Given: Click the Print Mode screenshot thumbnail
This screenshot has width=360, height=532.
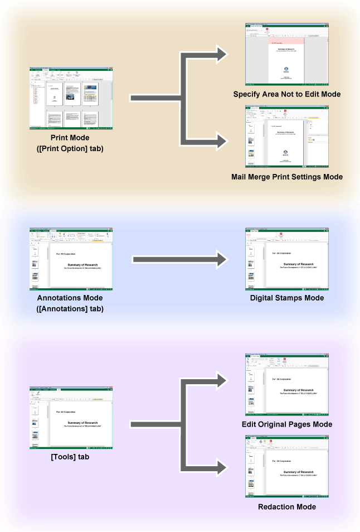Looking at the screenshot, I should (71, 99).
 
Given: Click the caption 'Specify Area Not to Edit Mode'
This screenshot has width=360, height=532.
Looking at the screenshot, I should (286, 94).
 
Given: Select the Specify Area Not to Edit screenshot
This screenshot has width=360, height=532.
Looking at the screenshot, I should (286, 54).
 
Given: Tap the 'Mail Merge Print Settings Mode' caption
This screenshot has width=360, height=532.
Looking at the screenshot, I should (286, 177).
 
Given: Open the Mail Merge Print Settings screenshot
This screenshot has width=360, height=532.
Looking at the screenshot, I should (286, 137).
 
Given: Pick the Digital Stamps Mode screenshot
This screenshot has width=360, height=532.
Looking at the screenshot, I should (286, 259).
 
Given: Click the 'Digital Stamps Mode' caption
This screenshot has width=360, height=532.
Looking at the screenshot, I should (286, 298).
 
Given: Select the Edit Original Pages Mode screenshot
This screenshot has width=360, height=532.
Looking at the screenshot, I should (286, 385).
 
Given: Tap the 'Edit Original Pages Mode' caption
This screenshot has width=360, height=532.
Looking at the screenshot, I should (286, 424).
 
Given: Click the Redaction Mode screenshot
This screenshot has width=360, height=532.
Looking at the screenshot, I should (286, 467).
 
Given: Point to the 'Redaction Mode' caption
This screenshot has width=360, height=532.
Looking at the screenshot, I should (286, 507).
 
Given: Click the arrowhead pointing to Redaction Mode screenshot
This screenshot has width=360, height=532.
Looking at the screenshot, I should (223, 467).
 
